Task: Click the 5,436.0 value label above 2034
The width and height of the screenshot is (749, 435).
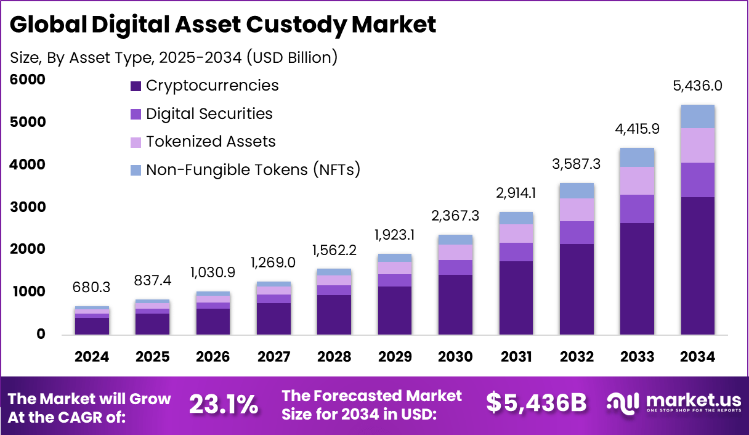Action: point(697,86)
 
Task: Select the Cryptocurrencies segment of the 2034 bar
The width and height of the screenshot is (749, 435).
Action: point(697,266)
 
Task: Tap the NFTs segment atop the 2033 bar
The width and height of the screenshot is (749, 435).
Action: point(637,158)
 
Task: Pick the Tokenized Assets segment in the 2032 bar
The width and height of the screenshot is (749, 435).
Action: point(577,209)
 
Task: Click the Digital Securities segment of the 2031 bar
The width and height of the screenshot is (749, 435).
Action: point(516,252)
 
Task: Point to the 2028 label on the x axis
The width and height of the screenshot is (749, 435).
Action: point(334,357)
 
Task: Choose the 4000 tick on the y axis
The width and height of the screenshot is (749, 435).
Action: point(28,165)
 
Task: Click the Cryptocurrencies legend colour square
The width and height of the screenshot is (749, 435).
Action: point(136,86)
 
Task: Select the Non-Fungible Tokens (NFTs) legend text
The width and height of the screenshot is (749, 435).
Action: point(253,169)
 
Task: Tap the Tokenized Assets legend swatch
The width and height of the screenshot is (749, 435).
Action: point(136,142)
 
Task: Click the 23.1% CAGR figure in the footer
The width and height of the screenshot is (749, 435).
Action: point(223,405)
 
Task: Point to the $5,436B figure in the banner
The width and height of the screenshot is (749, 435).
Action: point(536,403)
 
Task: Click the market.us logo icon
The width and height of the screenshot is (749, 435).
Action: point(623,403)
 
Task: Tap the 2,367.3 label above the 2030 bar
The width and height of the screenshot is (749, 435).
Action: point(455,216)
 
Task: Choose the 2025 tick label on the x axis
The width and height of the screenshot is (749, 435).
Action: point(153,357)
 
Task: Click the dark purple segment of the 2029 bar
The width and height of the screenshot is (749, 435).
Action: point(395,311)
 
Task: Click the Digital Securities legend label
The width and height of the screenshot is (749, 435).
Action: point(209,113)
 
